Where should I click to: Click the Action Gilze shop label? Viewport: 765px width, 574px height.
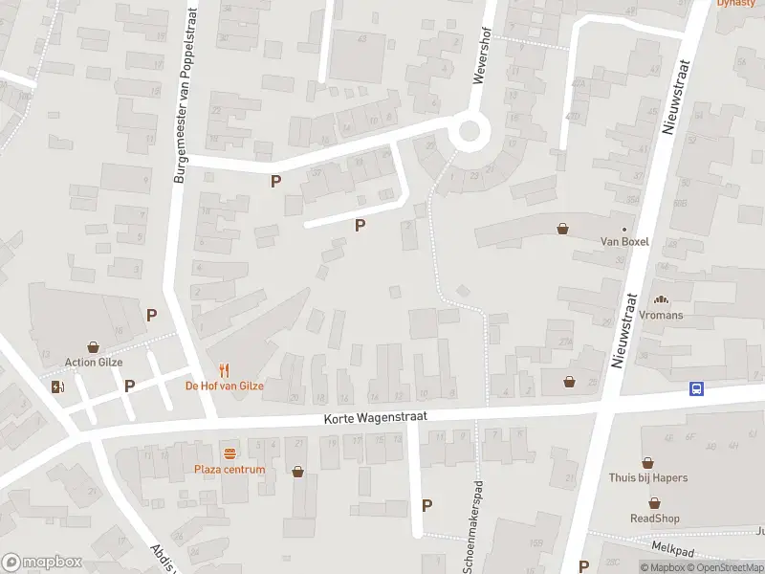tap(94, 363)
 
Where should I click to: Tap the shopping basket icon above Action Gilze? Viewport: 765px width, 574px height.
tap(94, 347)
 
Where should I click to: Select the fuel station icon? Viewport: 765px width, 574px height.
tap(58, 386)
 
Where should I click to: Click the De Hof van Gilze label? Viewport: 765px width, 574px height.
tap(224, 386)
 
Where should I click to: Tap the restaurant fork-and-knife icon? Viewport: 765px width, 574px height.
tap(225, 370)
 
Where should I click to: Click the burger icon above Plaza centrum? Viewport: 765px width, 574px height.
tap(229, 453)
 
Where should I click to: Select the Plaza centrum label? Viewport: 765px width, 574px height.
tap(229, 469)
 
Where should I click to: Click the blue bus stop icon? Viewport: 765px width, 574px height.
tap(698, 388)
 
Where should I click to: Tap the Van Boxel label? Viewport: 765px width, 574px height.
tap(623, 241)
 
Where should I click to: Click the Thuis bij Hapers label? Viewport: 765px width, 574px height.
tap(647, 477)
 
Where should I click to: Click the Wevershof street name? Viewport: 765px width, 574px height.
tap(484, 55)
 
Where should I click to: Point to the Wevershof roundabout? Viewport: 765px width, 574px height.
tap(469, 132)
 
